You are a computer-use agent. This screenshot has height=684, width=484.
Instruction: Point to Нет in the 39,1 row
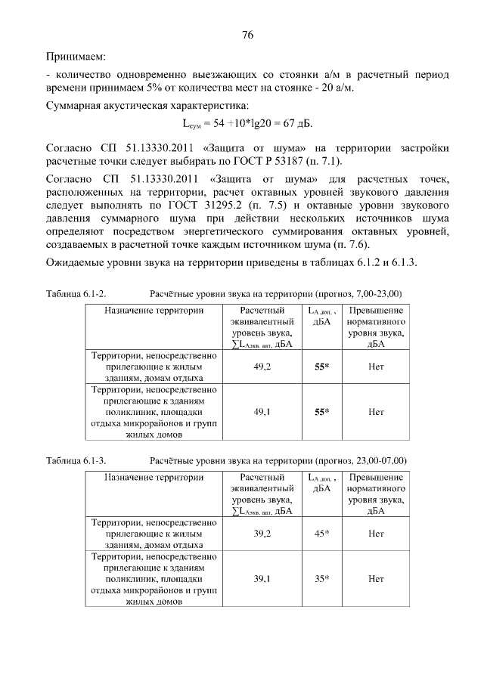pyautogui.click(x=376, y=579)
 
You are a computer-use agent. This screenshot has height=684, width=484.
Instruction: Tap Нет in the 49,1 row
pyautogui.click(x=376, y=412)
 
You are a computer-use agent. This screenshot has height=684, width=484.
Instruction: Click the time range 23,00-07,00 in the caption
pyautogui.click(x=376, y=460)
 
